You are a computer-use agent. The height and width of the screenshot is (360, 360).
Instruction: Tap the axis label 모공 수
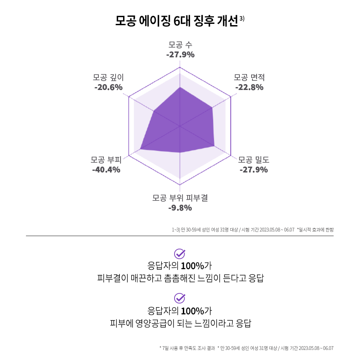tap(180, 45)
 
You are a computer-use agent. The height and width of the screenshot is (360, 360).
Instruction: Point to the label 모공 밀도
tap(254, 160)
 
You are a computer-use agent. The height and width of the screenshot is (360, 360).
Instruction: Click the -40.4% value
tap(106, 170)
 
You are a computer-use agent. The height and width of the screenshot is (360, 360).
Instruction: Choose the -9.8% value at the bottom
tap(180, 208)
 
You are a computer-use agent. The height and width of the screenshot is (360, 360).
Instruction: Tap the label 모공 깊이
tap(108, 77)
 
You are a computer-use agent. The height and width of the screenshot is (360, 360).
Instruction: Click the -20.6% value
tap(108, 87)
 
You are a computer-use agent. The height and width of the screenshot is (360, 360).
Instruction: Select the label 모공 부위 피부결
tap(180, 198)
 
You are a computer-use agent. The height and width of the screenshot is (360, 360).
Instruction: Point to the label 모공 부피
tap(106, 160)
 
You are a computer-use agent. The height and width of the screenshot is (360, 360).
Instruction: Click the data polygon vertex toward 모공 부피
tap(140, 149)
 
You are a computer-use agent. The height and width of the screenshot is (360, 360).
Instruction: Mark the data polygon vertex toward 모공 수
tap(180, 87)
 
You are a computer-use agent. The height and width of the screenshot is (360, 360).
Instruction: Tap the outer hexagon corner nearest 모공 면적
tap(231, 97)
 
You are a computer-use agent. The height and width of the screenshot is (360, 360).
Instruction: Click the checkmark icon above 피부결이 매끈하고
tap(180, 254)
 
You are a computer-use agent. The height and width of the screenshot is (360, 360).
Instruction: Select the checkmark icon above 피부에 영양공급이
tap(180, 298)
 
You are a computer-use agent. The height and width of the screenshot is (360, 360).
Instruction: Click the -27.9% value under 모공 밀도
tap(254, 170)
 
